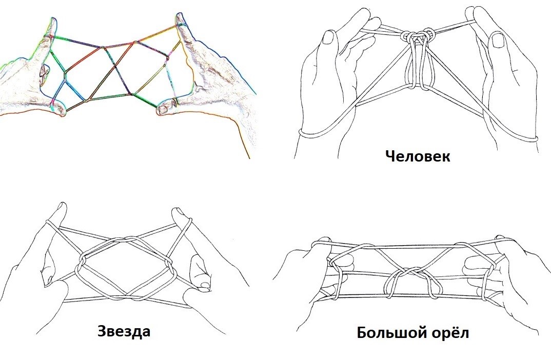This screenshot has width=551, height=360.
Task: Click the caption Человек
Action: point(418,155)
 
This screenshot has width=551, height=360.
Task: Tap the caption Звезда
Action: point(124,331)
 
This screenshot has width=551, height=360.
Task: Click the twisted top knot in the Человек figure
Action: point(419,36)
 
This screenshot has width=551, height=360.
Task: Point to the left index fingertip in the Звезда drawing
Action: point(62,206)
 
